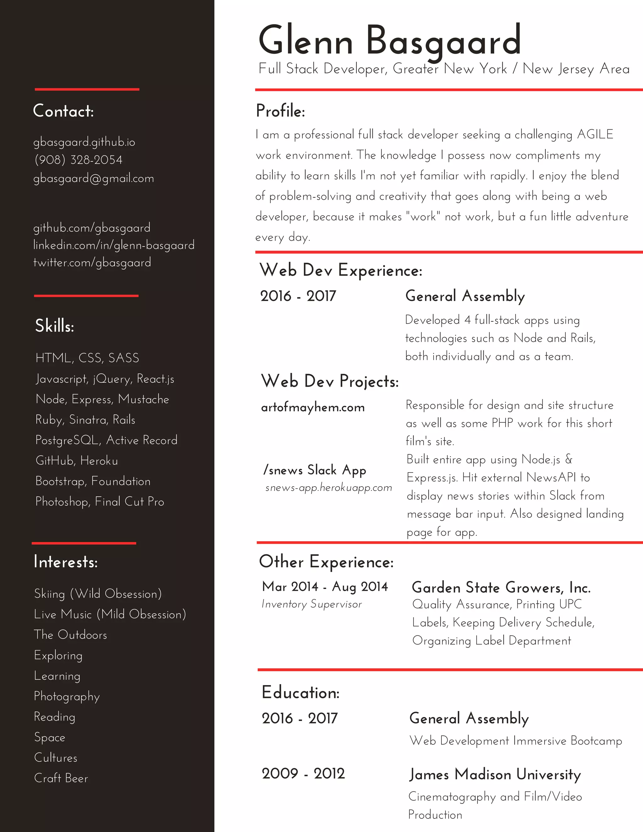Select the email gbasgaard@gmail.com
pyautogui.click(x=94, y=178)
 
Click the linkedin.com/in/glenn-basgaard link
pyautogui.click(x=114, y=245)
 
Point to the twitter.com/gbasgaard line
pyautogui.click(x=92, y=262)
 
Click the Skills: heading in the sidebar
pyautogui.click(x=54, y=326)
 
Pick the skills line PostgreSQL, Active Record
pyautogui.click(x=106, y=440)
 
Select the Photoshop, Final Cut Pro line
pyautogui.click(x=100, y=502)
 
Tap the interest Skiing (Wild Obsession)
pyautogui.click(x=98, y=594)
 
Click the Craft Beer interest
pyautogui.click(x=61, y=778)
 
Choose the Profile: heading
pyautogui.click(x=280, y=111)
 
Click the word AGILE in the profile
pyautogui.click(x=595, y=134)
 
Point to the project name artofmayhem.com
pyautogui.click(x=313, y=407)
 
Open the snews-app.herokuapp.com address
pyautogui.click(x=328, y=488)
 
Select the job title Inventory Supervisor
pyautogui.click(x=311, y=604)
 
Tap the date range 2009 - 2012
pyautogui.click(x=303, y=773)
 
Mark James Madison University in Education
pyautogui.click(x=495, y=775)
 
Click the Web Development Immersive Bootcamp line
pyautogui.click(x=516, y=741)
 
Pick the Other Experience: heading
pyautogui.click(x=327, y=562)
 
